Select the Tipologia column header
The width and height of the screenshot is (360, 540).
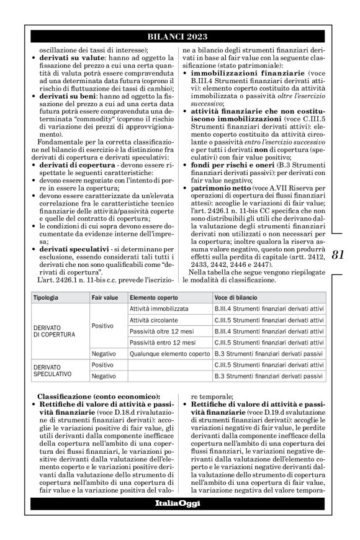[48, 297]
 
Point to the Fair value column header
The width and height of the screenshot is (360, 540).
[105, 297]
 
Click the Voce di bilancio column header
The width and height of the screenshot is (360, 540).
[236, 297]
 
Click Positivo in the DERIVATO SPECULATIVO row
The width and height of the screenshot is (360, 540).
[103, 364]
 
